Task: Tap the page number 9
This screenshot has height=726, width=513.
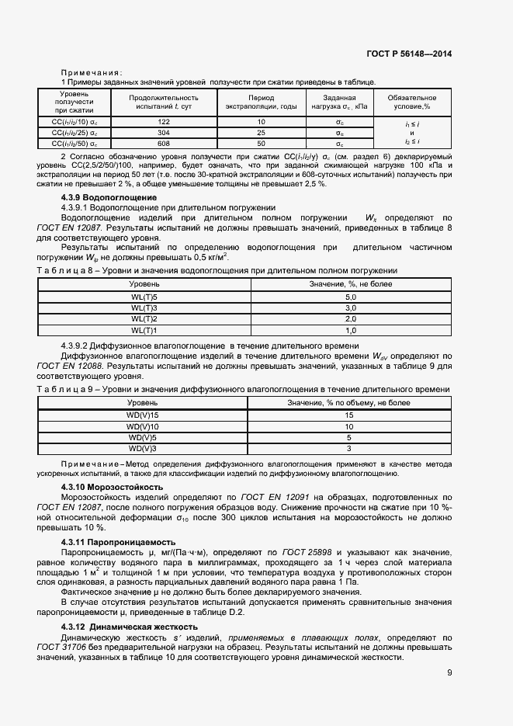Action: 449,673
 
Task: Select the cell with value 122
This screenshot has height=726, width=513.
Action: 164,123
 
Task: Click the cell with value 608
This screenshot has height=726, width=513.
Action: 164,144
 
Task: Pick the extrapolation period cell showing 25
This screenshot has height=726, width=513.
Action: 261,133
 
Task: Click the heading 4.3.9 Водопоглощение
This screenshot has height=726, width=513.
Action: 103,198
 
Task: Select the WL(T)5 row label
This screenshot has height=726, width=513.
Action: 144,297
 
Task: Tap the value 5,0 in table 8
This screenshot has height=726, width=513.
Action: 349,297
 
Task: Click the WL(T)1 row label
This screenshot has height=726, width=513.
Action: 144,330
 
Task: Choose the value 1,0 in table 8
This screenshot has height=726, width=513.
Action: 349,330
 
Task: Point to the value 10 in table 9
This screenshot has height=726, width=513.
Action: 349,426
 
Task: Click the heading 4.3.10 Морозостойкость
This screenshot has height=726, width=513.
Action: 112,486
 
